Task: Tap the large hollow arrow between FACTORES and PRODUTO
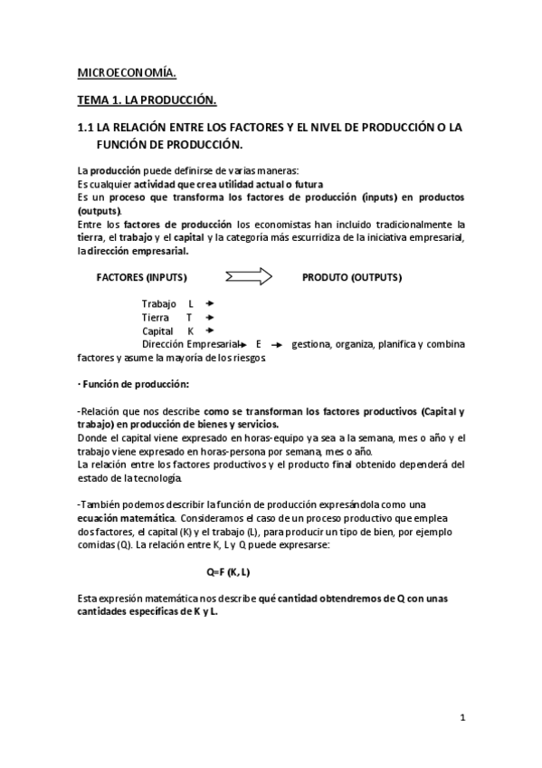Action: point(248,276)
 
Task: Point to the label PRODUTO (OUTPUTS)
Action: point(352,277)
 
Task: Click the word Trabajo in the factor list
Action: point(158,303)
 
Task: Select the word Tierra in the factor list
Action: point(156,317)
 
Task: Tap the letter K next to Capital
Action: point(190,331)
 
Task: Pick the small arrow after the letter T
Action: point(209,317)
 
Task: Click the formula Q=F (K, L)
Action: point(228,571)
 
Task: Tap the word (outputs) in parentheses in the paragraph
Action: point(100,210)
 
